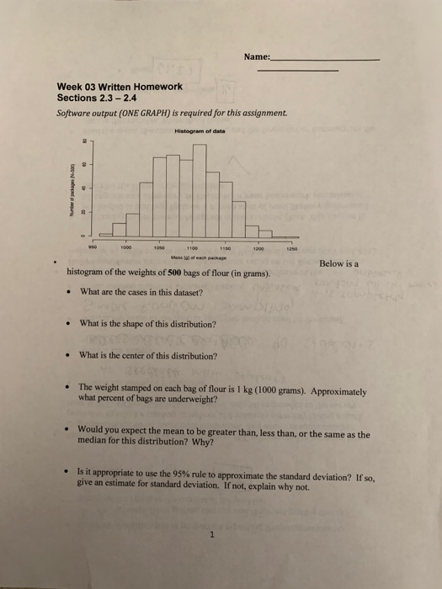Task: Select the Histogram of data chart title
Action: pyautogui.click(x=199, y=130)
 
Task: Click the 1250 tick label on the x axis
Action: pyautogui.click(x=290, y=250)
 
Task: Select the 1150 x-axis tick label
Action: pyautogui.click(x=226, y=250)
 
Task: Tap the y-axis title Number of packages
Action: pyautogui.click(x=74, y=188)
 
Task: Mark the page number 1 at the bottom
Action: pyautogui.click(x=215, y=533)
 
